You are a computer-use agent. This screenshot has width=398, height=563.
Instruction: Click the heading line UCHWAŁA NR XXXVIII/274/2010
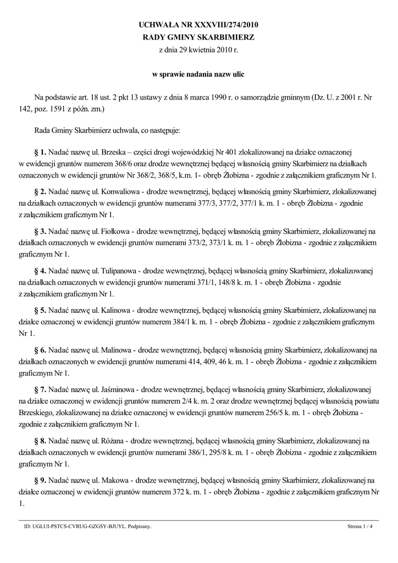198,25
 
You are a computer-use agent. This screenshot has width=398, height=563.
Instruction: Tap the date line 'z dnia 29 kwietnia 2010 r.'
198,49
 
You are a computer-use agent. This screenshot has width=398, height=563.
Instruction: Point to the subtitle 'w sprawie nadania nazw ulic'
198,74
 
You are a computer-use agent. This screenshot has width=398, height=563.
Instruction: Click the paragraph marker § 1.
40,151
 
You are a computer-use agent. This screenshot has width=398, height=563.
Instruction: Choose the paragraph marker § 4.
40,271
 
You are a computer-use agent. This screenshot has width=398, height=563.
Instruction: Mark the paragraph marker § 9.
40,480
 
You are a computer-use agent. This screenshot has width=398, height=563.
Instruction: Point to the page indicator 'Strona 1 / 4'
360,526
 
